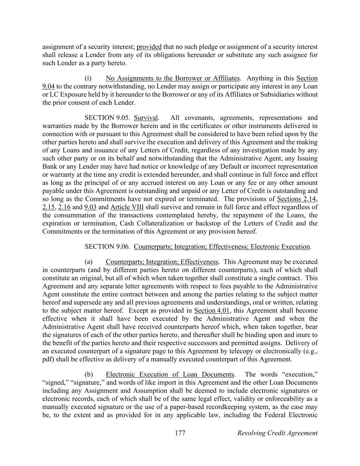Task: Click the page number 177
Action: (x=180, y=433)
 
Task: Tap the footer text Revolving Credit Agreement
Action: (x=277, y=433)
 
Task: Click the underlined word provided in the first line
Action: (x=149, y=47)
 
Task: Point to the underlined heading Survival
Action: (x=146, y=118)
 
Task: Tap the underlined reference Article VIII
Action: (x=127, y=207)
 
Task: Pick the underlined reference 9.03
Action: (x=90, y=207)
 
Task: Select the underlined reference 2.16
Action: (x=64, y=207)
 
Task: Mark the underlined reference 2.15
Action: (x=49, y=207)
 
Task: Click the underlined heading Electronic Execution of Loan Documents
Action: (x=170, y=374)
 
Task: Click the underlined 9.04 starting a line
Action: (x=48, y=86)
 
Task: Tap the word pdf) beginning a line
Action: (x=48, y=359)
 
